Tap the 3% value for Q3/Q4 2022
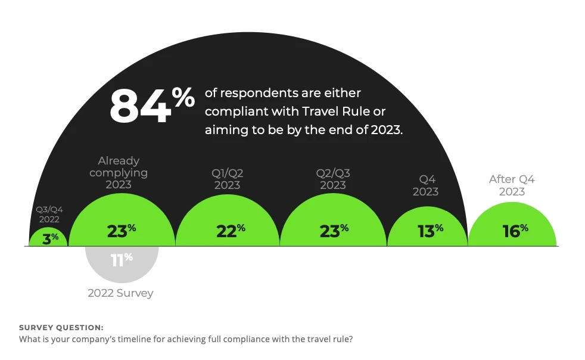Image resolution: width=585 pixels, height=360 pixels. [50, 237]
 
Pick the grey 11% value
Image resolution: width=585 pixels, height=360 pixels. [121, 259]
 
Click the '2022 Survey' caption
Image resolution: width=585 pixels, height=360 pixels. [120, 293]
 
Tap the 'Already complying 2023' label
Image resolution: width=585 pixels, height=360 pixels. [119, 172]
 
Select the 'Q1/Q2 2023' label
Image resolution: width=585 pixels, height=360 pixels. [227, 179]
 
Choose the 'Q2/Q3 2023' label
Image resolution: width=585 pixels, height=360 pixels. [333, 179]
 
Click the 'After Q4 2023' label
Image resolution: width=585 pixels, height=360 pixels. [511, 185]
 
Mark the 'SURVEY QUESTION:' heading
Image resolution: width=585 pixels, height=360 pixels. [61, 328]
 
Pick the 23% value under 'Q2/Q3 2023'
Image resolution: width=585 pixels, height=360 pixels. [334, 231]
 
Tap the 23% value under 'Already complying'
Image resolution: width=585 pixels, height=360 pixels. [121, 231]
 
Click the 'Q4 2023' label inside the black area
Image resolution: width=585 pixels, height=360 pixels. [425, 185]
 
